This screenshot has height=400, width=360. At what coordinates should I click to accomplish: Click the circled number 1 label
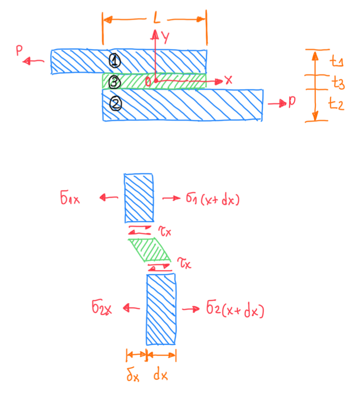click(x=115, y=60)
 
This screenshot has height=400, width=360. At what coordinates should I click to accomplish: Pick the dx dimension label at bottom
click(x=160, y=376)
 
